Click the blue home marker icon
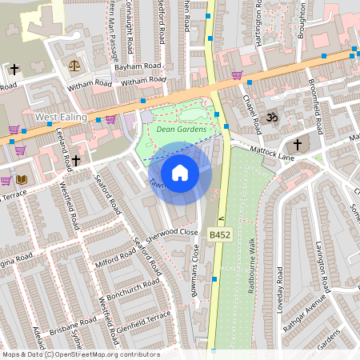coord(180,172)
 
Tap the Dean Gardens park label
coord(182,130)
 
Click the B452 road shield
coord(220,234)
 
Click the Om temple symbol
coord(271,117)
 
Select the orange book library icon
coord(22,179)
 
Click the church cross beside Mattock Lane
coord(298,145)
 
